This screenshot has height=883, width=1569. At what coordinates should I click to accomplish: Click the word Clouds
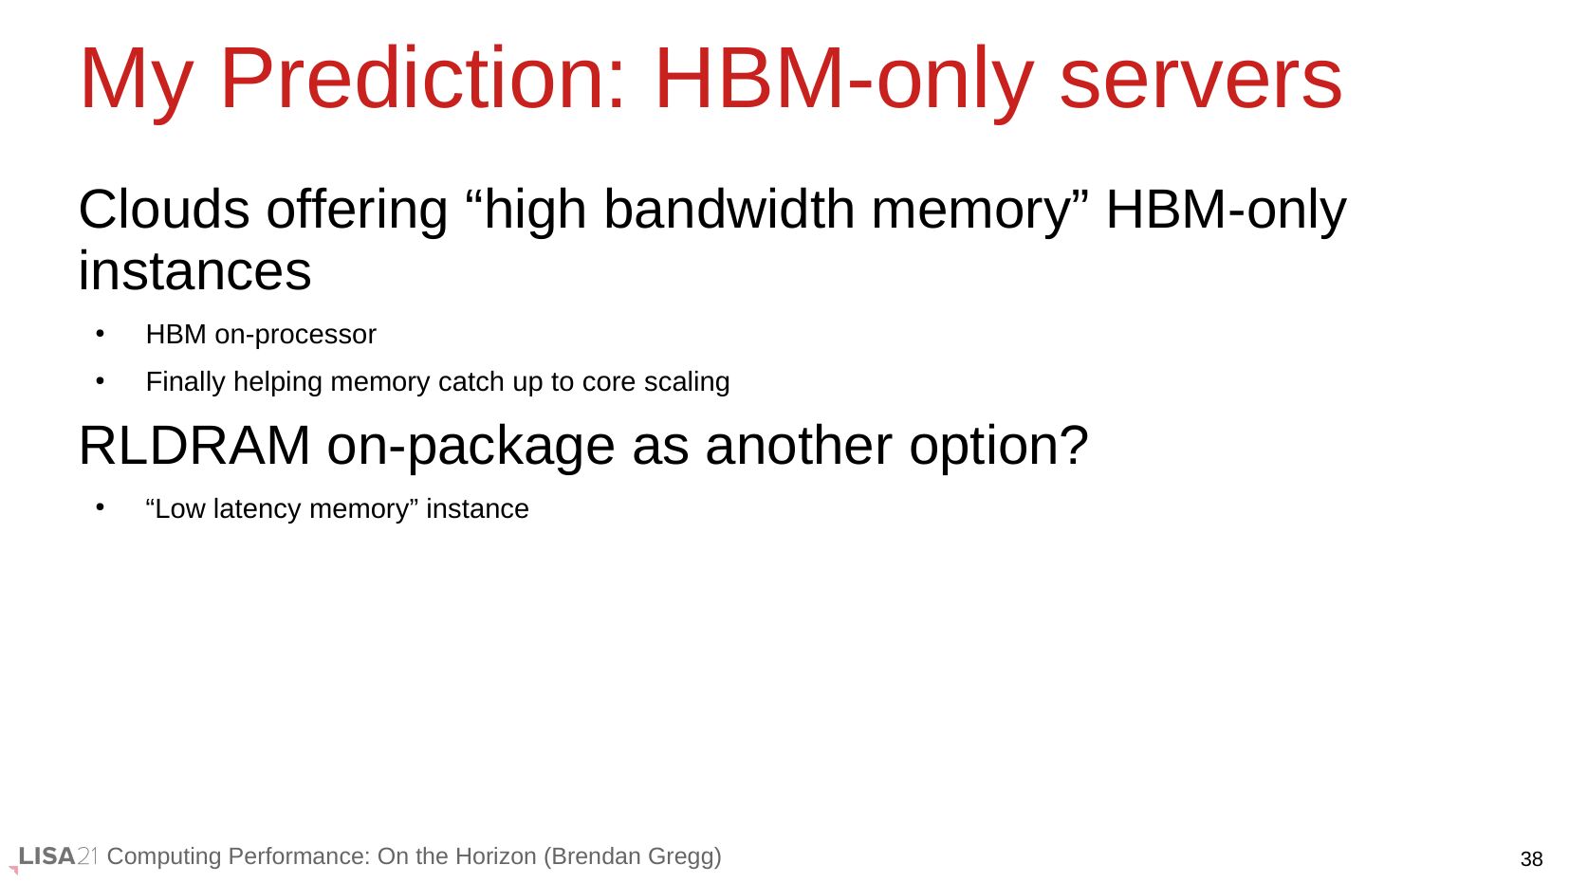tap(164, 209)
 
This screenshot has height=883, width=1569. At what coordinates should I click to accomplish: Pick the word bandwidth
tap(729, 209)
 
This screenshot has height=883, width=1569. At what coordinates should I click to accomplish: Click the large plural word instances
tap(194, 270)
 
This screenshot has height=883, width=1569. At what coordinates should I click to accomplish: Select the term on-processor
tap(295, 335)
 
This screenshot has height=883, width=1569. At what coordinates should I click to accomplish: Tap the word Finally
tap(186, 382)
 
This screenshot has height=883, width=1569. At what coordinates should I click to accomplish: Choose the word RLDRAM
tap(194, 446)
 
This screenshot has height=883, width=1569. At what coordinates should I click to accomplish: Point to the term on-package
tap(471, 449)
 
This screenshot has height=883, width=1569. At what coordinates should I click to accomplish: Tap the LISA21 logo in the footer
tap(56, 856)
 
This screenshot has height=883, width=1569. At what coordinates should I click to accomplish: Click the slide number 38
tap(1531, 859)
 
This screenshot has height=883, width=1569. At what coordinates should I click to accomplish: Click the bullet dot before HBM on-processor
tap(101, 334)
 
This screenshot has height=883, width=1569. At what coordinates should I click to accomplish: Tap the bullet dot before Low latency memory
tap(101, 507)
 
